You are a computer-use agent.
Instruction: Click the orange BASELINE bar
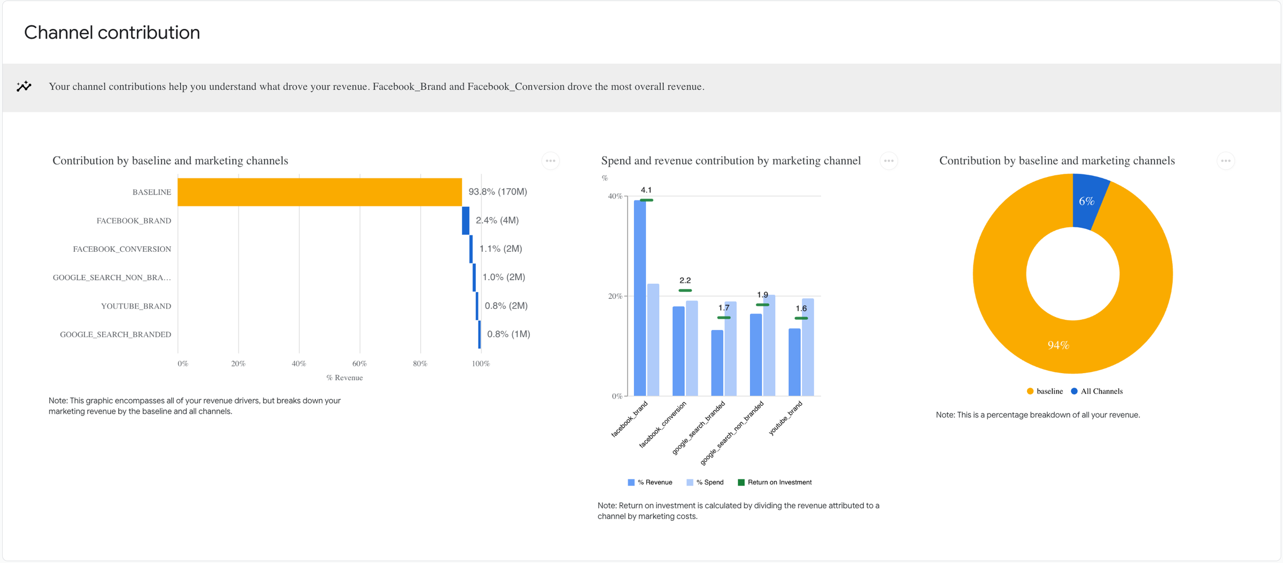coord(320,192)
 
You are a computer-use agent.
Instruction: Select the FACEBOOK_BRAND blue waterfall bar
coord(466,220)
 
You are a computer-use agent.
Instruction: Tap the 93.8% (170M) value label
coord(498,191)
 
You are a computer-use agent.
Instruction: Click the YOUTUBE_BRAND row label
coord(136,306)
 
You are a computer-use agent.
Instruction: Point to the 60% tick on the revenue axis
coord(360,364)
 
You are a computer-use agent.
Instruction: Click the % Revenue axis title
coord(344,377)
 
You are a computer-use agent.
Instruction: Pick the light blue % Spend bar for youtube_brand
coord(808,348)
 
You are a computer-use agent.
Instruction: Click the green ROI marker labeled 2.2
coord(685,290)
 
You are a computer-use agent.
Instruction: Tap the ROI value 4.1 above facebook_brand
coord(646,190)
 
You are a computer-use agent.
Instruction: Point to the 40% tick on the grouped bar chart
coord(615,196)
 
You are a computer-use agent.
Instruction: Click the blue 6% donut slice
coord(1087,202)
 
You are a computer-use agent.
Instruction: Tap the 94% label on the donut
coord(1058,345)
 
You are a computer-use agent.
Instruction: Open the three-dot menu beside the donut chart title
coord(1225,161)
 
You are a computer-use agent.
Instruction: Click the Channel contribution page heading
coord(112,33)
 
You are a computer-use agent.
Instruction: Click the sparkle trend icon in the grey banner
coord(24,86)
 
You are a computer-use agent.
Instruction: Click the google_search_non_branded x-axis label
coord(732,433)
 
